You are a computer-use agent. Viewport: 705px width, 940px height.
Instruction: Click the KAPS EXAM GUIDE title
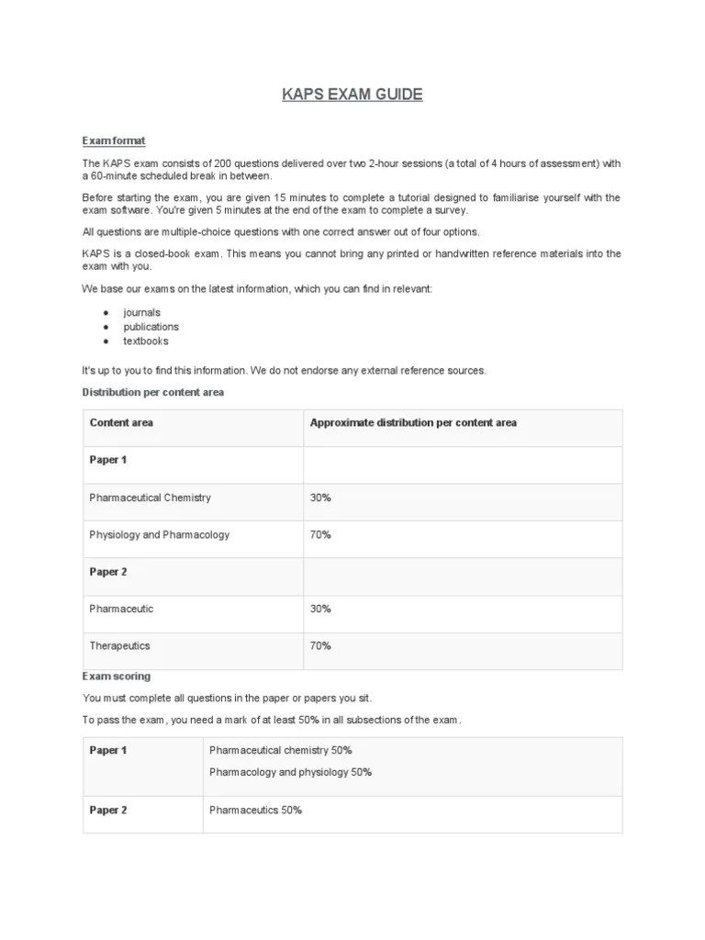[x=352, y=95]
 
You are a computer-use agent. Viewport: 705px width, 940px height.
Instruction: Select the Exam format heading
[x=114, y=140]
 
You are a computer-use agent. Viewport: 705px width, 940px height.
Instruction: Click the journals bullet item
[x=141, y=313]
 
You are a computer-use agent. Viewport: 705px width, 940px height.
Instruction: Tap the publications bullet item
[x=151, y=327]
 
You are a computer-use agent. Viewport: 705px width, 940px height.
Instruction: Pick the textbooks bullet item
[x=146, y=341]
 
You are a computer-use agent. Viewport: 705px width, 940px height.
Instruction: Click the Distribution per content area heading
[x=153, y=392]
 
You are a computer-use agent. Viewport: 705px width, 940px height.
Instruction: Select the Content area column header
[x=121, y=423]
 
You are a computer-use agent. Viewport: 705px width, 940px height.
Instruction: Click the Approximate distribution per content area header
[x=413, y=423]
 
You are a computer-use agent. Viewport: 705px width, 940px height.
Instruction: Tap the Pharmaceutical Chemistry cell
[x=150, y=498]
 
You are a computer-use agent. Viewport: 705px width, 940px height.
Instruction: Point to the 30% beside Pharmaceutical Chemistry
[x=320, y=498]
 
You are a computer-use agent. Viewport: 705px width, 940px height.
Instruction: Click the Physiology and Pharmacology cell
[x=159, y=534]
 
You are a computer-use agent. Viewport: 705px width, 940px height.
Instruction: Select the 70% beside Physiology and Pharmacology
[x=320, y=534]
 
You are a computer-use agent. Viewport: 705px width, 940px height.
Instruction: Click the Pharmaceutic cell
[x=121, y=609]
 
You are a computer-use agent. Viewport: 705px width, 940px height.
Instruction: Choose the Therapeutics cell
[x=119, y=645]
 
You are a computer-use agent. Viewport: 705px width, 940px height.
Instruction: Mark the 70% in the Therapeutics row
[x=320, y=645]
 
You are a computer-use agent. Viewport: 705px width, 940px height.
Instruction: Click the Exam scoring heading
[x=117, y=677]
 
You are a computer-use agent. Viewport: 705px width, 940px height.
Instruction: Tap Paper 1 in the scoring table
[x=108, y=751]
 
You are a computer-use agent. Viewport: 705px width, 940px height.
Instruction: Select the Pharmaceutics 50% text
[x=255, y=810]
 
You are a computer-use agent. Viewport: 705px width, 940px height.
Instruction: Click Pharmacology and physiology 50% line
[x=290, y=772]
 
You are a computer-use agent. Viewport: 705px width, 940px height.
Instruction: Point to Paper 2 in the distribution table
[x=108, y=572]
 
